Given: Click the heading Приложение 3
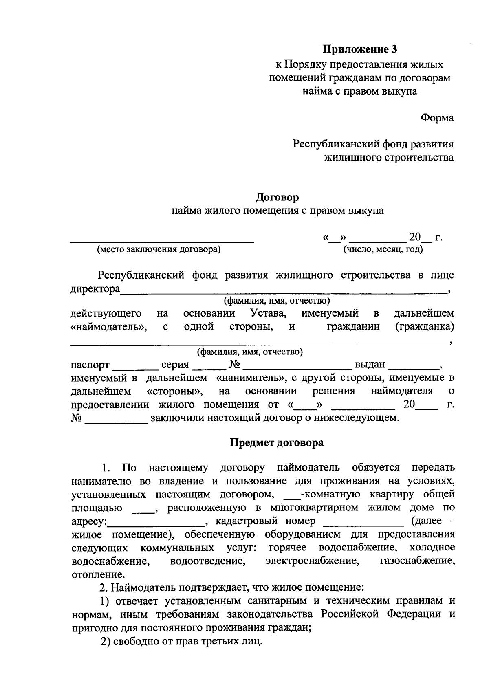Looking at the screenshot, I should coord(360,50).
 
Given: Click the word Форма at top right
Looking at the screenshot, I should coord(437,118).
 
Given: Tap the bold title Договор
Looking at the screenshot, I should coord(277,198).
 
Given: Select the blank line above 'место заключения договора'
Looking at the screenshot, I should coord(162,241).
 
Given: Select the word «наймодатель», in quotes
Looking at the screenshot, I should coord(109,327).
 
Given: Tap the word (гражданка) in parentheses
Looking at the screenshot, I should coord(425,327).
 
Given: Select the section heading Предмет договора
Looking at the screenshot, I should coord(277,443).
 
